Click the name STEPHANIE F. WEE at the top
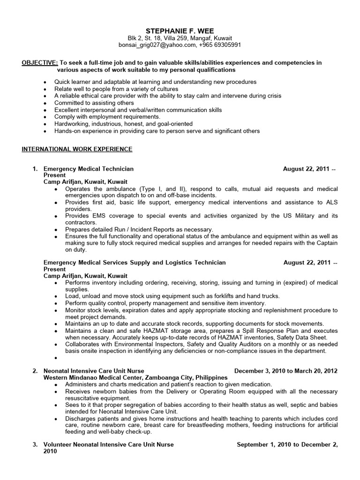pyautogui.click(x=180, y=30)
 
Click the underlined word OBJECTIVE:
pyautogui.click(x=40, y=63)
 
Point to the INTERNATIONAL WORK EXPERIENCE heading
pyautogui.click(x=77, y=149)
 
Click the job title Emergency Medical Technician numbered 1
pyautogui.click(x=88, y=169)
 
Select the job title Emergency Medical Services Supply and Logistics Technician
pyautogui.click(x=134, y=262)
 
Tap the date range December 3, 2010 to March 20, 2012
pyautogui.click(x=286, y=371)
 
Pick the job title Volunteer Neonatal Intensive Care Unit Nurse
pyautogui.click(x=108, y=444)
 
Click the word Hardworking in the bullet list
pyautogui.click(x=72, y=124)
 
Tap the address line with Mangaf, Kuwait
pyautogui.click(x=180, y=38)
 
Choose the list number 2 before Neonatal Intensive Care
pyautogui.click(x=35, y=371)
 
